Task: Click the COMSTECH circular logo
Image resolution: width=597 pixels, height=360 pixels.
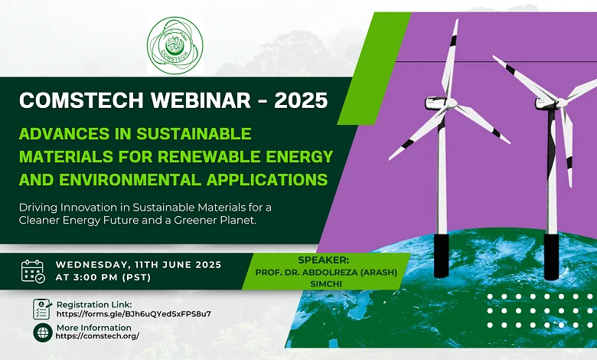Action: pos(175,45)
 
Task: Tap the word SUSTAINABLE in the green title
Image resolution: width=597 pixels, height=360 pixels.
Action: pos(194,134)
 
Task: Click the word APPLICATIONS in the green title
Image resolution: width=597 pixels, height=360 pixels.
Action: pos(267,179)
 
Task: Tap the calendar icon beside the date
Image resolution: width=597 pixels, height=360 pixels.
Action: pos(33,271)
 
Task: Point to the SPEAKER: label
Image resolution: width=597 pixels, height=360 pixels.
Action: pos(323,260)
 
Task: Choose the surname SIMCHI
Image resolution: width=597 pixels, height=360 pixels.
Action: pos(326,284)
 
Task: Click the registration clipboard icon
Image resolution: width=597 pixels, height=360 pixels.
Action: pos(42,309)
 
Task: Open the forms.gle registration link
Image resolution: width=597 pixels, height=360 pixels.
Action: pos(134,314)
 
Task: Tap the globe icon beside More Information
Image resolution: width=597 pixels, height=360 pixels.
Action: pos(43,332)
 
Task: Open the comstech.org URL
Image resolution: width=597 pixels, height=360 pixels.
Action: pos(97,336)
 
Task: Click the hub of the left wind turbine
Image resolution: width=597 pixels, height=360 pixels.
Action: pos(450,103)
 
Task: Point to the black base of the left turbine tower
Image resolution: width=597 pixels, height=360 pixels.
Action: pos(442,255)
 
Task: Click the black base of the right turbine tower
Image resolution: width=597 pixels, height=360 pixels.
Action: pos(551,257)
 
